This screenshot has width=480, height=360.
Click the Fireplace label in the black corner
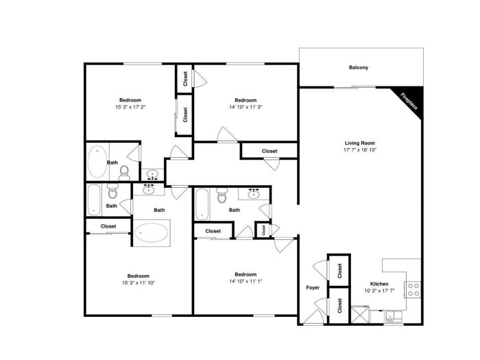coord(409,101)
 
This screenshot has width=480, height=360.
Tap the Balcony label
coord(359,67)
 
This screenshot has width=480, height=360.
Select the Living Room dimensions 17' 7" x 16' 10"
coord(360,150)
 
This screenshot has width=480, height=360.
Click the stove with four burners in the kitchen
coord(413,289)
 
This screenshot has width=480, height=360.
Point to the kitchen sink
coord(394,317)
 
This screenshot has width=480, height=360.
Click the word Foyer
coord(313,288)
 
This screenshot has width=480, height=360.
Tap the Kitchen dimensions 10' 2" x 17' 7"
coord(379,291)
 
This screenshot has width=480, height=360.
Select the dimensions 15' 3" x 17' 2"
coord(130,107)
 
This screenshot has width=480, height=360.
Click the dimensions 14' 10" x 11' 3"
coord(245,107)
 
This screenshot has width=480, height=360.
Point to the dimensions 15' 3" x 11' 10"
coord(139,283)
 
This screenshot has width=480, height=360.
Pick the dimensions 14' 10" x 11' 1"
coord(245,281)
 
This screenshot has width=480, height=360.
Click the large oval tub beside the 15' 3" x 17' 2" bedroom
coord(97,162)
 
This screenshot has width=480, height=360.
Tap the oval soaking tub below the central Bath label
coord(152,232)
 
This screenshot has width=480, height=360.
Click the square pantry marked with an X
coord(360,315)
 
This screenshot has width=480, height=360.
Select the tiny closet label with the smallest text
coord(263,230)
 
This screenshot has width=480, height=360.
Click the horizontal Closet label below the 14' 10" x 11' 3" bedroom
coord(269,152)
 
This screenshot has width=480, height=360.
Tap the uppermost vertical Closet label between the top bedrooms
coord(185,79)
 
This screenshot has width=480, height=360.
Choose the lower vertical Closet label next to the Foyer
coord(339,306)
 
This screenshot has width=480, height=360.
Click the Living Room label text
coord(360,143)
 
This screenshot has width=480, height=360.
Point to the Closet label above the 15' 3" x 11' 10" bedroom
coord(108,226)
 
